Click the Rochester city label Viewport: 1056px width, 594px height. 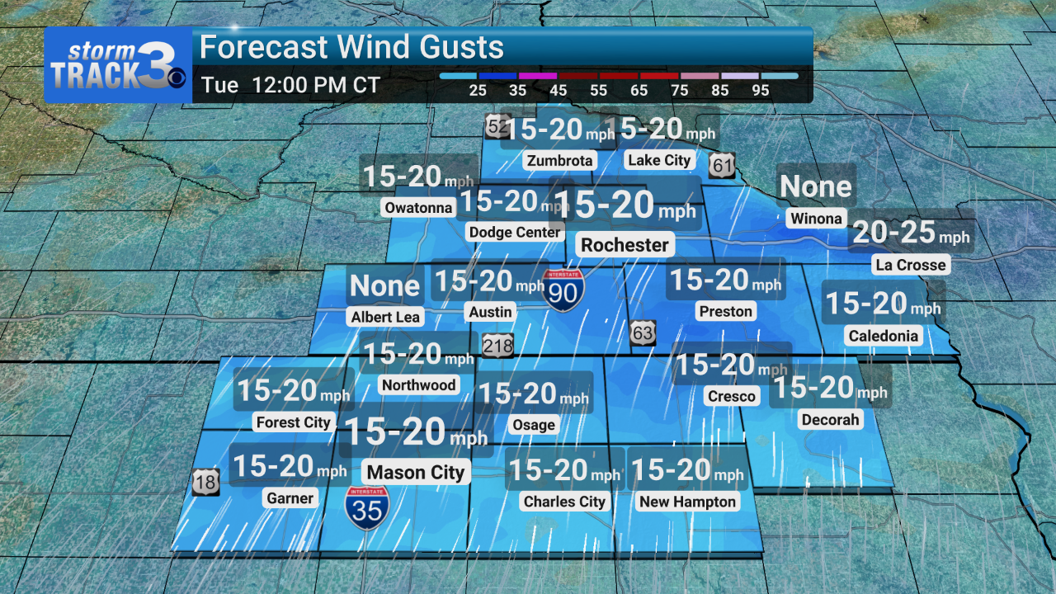[x=625, y=245]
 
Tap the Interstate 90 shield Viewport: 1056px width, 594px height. [x=564, y=290]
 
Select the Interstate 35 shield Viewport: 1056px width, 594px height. [x=368, y=507]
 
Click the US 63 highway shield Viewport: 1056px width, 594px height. [x=643, y=332]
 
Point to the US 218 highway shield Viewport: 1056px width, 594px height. [x=497, y=345]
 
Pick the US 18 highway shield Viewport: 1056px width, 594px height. [x=206, y=482]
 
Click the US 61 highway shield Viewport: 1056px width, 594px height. [x=723, y=166]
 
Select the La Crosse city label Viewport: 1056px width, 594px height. [x=910, y=265]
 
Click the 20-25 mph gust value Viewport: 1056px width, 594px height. [x=911, y=233]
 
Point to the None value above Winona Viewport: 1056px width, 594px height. [x=815, y=187]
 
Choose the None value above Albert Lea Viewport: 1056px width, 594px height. [x=384, y=286]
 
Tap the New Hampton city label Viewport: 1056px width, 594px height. [x=687, y=502]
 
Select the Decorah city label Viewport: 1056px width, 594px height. [x=830, y=420]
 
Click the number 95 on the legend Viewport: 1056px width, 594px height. [x=760, y=91]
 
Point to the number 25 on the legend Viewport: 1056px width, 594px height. [x=477, y=91]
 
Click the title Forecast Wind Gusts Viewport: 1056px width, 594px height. [x=351, y=48]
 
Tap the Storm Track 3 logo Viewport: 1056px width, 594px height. [x=118, y=65]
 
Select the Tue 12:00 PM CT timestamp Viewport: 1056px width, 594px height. [x=290, y=86]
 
